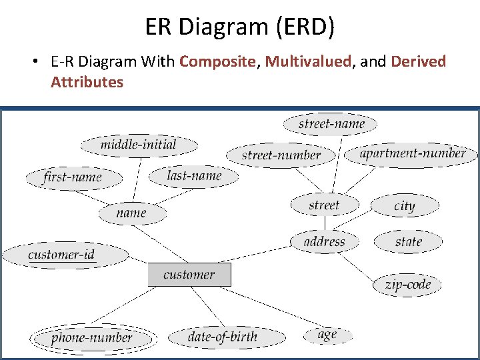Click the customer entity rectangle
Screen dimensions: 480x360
point(189,275)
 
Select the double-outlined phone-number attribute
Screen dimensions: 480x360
point(92,338)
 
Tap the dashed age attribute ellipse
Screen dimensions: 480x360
point(327,335)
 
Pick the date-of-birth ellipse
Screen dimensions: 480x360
point(222,337)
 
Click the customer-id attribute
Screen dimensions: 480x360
point(65,255)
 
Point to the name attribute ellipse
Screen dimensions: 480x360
point(131,213)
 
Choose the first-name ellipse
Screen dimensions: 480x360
point(73,177)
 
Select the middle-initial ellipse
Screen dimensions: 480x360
point(139,145)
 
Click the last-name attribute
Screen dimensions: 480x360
point(194,176)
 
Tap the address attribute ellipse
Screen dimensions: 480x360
point(325,241)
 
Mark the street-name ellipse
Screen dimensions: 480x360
point(331,124)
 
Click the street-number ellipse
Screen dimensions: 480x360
point(281,155)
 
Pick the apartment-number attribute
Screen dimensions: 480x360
point(412,153)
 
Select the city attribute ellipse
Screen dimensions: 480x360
point(405,206)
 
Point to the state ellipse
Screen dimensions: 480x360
point(408,241)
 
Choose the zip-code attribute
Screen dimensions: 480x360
point(407,285)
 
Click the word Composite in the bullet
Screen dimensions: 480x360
point(217,62)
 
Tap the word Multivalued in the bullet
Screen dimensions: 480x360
point(307,62)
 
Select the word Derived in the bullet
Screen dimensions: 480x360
point(418,62)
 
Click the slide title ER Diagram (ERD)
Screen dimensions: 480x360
point(240,27)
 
